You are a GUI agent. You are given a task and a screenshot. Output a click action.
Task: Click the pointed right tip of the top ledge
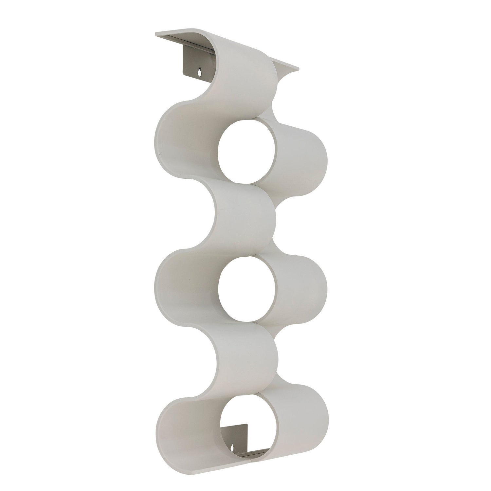click(x=299, y=69)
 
